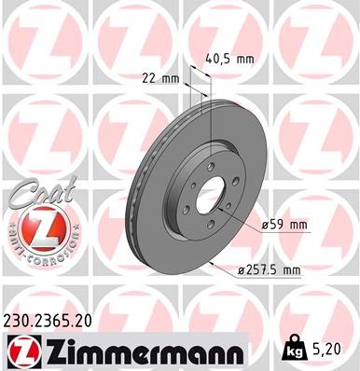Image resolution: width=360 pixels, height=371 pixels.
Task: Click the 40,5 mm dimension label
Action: [228, 58]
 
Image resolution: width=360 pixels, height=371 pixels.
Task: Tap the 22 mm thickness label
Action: [162, 78]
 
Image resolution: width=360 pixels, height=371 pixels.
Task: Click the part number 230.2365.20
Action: [57, 320]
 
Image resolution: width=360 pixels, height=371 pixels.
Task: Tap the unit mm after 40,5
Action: [245, 58]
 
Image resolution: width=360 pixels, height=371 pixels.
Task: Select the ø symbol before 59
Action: [266, 225]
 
